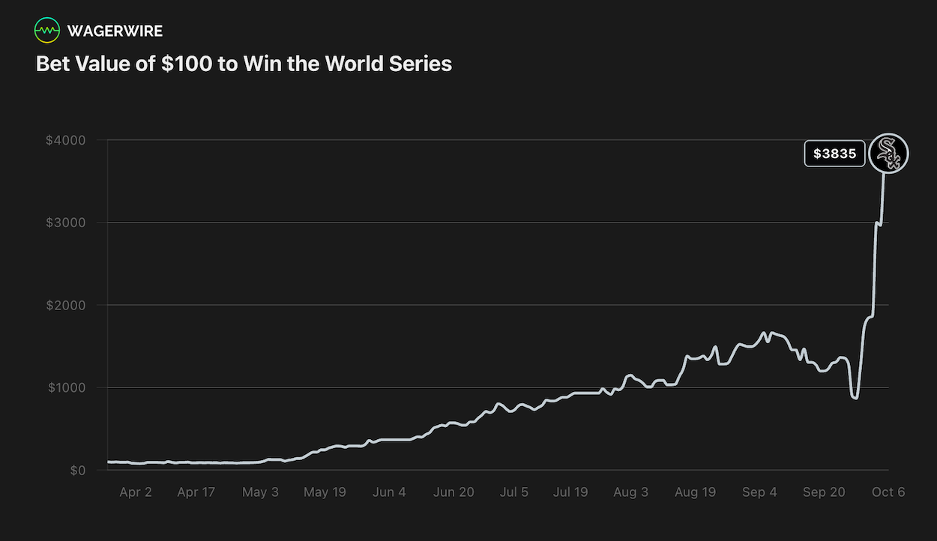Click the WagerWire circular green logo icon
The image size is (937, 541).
(x=46, y=30)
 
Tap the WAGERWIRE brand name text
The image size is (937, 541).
(x=115, y=31)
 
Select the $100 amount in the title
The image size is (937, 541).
(x=187, y=64)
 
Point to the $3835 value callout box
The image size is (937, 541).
(x=834, y=154)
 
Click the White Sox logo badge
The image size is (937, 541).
(x=888, y=154)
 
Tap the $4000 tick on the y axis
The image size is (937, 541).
(x=66, y=140)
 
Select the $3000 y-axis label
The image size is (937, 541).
(x=66, y=223)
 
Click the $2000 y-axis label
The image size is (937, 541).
(x=66, y=305)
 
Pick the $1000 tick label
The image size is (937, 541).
(x=67, y=387)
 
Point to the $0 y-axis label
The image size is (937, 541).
(x=78, y=471)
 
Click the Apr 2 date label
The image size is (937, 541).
(x=136, y=492)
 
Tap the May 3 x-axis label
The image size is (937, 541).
(x=260, y=492)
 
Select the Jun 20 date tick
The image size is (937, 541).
(x=454, y=492)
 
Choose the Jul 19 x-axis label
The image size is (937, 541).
(x=570, y=492)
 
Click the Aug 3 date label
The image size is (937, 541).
(x=631, y=492)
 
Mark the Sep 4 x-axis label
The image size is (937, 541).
(x=759, y=492)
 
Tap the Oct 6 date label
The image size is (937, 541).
(x=888, y=492)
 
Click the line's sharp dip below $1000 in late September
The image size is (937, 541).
(x=855, y=396)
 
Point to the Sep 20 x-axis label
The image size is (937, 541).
(x=824, y=492)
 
